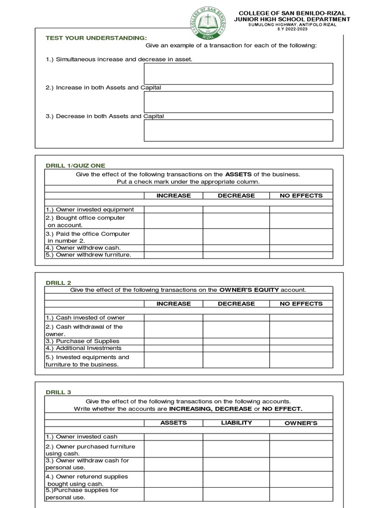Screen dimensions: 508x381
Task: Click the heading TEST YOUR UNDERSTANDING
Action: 96,38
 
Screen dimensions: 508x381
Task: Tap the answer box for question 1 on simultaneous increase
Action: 238,73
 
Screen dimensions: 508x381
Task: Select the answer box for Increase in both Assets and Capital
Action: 238,102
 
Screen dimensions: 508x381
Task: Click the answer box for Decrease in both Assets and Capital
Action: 238,130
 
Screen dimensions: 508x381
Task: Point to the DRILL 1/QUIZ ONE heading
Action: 75,166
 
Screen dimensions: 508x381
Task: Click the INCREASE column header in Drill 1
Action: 174,195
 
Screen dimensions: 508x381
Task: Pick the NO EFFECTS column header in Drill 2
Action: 301,304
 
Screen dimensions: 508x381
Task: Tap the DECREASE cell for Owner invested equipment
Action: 236,209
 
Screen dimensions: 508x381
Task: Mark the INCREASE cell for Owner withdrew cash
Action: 174,248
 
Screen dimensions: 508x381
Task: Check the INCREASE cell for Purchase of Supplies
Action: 174,341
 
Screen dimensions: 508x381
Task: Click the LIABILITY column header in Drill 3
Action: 236,423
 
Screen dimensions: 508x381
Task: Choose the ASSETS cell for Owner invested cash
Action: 174,437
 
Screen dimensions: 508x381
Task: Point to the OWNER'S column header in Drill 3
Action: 301,423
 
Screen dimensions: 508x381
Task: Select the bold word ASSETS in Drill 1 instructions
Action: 238,174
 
